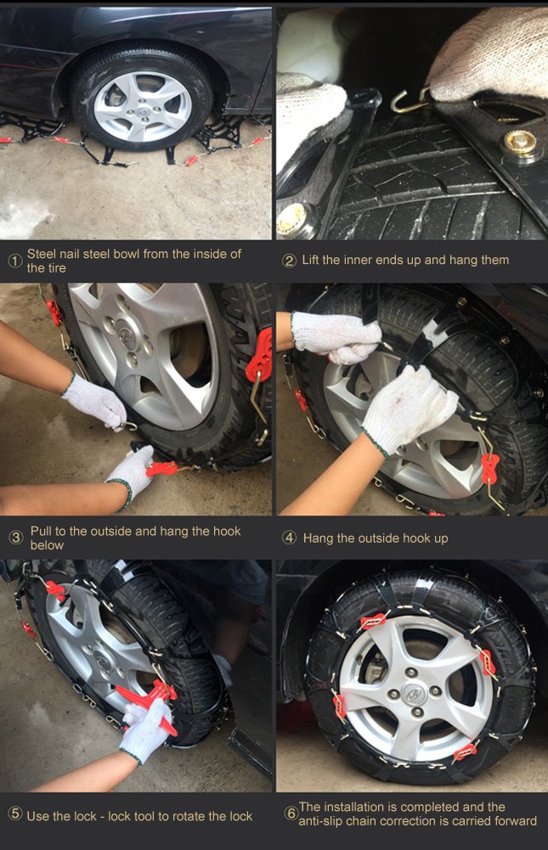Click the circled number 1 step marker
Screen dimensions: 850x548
tap(14, 261)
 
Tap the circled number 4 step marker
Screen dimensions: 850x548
tap(290, 538)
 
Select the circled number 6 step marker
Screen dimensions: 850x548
tap(291, 813)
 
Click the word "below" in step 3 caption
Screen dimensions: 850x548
tap(47, 545)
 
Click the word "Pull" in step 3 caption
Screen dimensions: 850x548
tap(42, 532)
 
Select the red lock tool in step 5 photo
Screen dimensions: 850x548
tap(149, 701)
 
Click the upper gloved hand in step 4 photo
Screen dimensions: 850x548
tap(336, 335)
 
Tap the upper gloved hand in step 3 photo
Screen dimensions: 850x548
tap(95, 402)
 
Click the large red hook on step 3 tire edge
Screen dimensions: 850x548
tap(259, 356)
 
